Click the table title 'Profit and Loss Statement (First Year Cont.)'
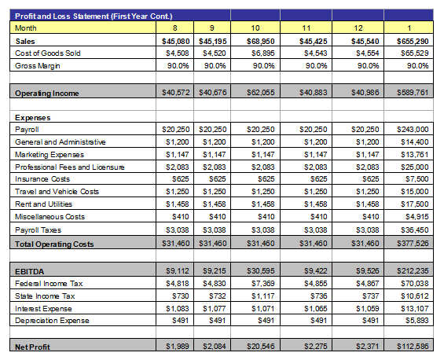pos(94,17)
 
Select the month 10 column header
pos(255,28)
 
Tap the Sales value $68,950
pos(261,42)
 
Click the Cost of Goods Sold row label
pos(48,53)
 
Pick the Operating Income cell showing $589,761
pos(413,92)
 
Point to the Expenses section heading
pos(32,118)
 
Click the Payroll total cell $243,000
pos(413,130)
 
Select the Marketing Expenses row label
pos(50,155)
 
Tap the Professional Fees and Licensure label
pos(70,167)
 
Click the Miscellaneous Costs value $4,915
pos(416,217)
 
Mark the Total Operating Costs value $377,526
pos(413,243)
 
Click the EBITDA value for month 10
pos(261,270)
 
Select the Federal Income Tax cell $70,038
pos(415,283)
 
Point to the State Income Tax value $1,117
pos(262,296)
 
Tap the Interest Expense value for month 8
pos(178,308)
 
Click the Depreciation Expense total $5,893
pos(416,321)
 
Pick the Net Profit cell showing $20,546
pos(261,346)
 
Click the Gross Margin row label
pos(38,66)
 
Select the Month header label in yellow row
pos(25,28)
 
